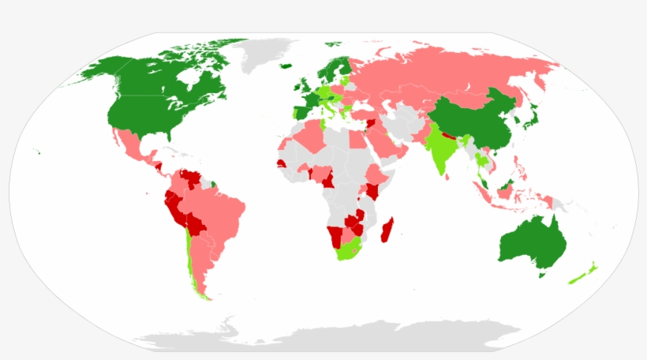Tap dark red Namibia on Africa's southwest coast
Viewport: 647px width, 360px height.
pos(336,234)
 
